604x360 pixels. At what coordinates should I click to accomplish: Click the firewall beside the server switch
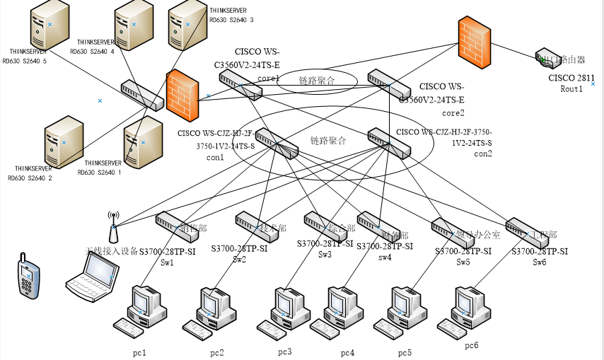click(182, 95)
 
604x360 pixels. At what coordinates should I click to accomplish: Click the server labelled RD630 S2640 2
click(62, 144)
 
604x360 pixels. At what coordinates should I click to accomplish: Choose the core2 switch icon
click(389, 84)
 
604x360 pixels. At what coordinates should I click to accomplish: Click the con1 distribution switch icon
click(276, 143)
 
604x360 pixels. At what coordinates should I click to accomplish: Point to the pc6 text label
click(472, 345)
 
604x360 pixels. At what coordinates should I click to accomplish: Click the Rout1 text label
click(571, 89)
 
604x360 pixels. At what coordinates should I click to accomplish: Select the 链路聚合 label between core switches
click(316, 80)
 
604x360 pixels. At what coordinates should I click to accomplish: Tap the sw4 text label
click(385, 257)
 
